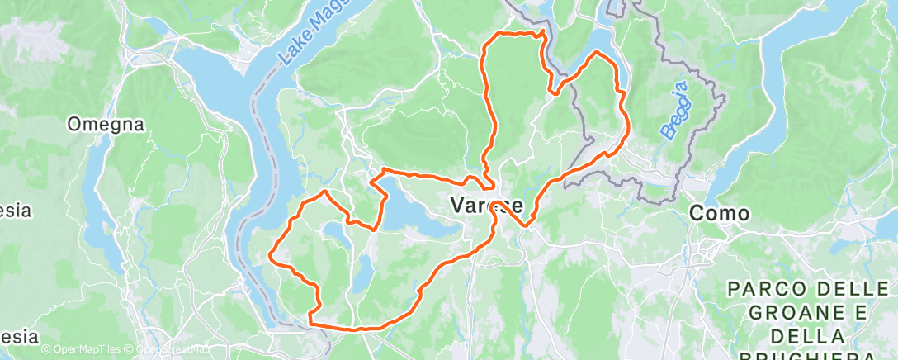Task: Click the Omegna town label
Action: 106,125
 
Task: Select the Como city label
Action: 719,213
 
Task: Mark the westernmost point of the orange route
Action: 270,258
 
